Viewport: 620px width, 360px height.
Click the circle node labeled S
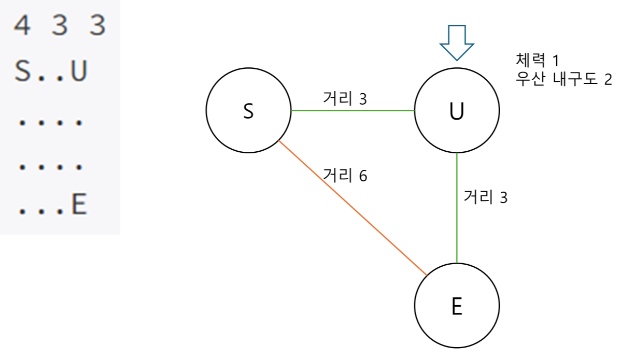coord(248,110)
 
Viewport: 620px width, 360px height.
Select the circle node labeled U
coord(457,110)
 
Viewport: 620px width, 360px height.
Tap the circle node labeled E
coord(457,306)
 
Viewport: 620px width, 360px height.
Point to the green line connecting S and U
coord(353,110)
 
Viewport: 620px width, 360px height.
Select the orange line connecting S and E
coord(353,208)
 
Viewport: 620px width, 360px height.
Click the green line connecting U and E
coord(457,207)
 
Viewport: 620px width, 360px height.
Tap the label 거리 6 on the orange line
coord(344,175)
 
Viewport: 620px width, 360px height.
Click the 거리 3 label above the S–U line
coord(344,98)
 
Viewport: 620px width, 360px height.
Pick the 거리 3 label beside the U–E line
coord(484,197)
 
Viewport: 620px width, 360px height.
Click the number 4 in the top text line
coord(22,26)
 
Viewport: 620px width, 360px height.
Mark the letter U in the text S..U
coord(78,73)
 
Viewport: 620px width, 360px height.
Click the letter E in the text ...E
coord(78,206)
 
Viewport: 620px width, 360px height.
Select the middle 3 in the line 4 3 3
coord(59,26)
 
